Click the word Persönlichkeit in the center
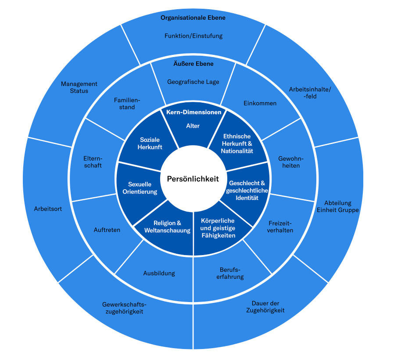(193, 179)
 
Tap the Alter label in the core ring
(193, 126)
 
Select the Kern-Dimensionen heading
(193, 112)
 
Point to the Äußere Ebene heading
(193, 64)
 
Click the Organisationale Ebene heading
(193, 18)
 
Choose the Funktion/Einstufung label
(193, 36)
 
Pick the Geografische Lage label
(193, 82)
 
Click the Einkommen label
(260, 103)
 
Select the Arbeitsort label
(48, 209)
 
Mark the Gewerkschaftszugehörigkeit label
(124, 308)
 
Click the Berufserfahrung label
(231, 273)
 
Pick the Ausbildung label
(159, 273)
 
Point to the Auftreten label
(107, 230)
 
